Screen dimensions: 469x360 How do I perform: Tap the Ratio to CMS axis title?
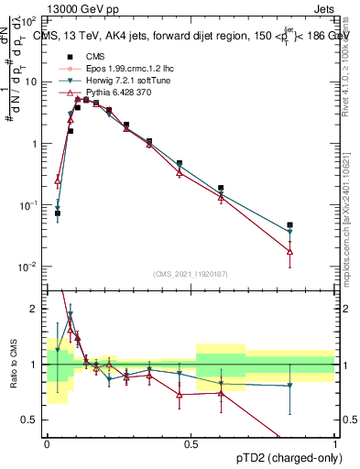12,364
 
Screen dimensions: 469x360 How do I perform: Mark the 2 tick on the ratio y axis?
38,309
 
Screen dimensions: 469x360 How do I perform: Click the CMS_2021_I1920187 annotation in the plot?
191,274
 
